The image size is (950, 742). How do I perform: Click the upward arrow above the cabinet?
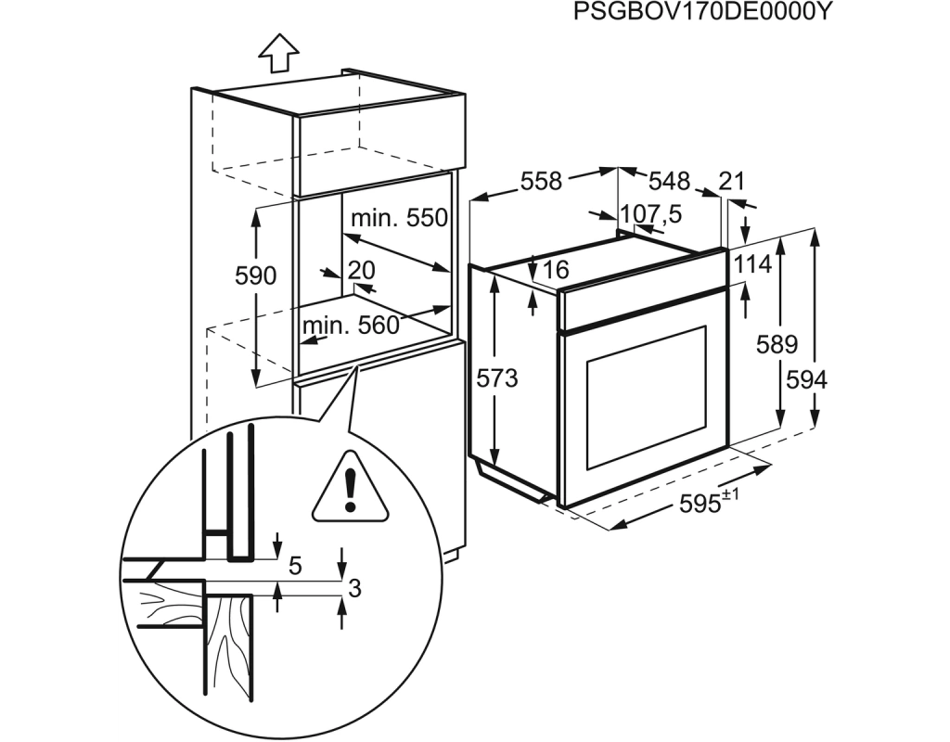coord(278,53)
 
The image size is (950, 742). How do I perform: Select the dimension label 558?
coord(542,181)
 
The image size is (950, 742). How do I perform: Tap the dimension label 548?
coord(670,181)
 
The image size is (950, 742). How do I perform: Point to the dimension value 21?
coord(731,181)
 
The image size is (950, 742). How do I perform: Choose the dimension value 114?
coord(753,264)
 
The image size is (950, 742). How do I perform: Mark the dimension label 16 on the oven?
coord(555,270)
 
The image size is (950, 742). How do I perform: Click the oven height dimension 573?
coord(497,379)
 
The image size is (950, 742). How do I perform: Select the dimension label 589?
coord(777,345)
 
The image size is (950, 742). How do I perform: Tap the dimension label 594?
coord(806,380)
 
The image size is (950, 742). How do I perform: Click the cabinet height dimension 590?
coord(256,275)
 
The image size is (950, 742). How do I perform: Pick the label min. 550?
coord(399,217)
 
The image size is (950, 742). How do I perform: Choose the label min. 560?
coord(351,326)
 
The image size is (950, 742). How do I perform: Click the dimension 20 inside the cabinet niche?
coord(362,270)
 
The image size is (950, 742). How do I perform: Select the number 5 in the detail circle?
coord(295,567)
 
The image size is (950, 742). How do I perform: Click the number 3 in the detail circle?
coord(355,587)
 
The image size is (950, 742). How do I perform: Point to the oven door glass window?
coord(646,397)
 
